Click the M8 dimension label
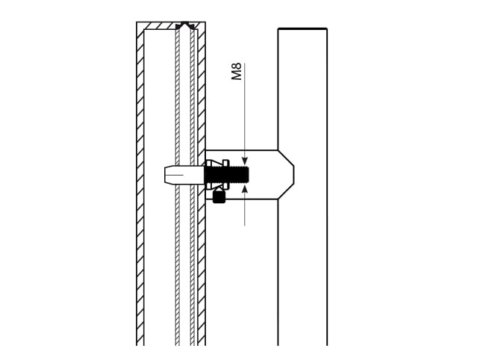coord(237,72)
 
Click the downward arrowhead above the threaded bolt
coord(245,161)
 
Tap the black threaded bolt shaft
coord(226,175)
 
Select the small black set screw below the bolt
coord(219,196)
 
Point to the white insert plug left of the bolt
coord(184,175)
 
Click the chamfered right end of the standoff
coord(286,175)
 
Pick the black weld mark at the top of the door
coord(184,25)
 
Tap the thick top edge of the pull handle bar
coord(303,29)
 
